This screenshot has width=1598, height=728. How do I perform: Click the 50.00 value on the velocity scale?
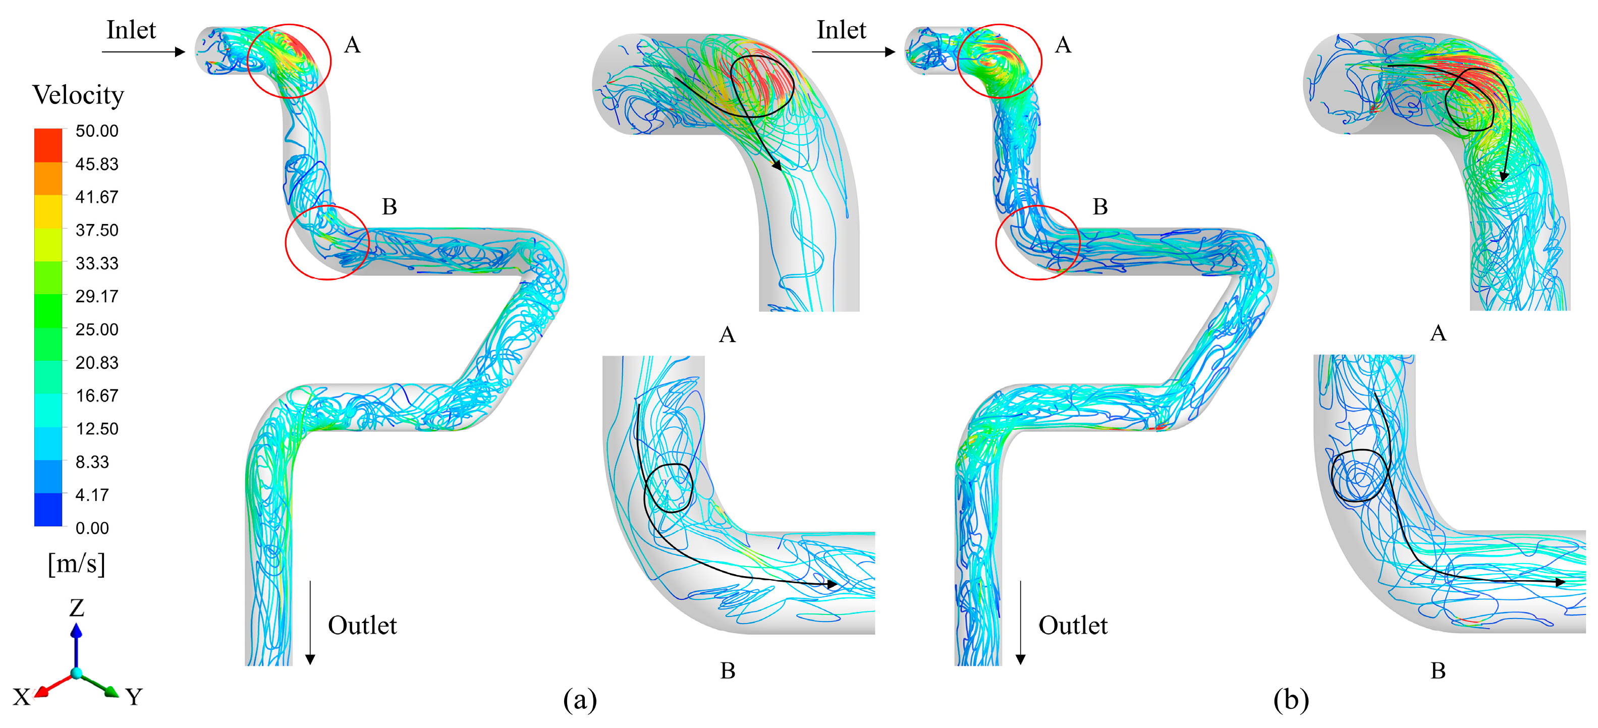[x=97, y=131]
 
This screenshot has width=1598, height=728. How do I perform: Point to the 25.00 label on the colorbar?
[x=97, y=329]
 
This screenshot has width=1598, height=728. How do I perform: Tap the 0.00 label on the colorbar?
[x=92, y=528]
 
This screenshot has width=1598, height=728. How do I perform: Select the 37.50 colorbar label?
[x=97, y=230]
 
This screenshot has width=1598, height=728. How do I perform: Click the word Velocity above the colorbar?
[x=78, y=95]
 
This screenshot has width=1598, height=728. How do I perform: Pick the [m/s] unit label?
[x=77, y=564]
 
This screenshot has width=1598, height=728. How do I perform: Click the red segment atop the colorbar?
[x=48, y=145]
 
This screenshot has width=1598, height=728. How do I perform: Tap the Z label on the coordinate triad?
[x=76, y=608]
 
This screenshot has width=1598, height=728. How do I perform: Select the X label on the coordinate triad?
[x=21, y=697]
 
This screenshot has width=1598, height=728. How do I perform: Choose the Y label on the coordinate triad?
[x=134, y=697]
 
